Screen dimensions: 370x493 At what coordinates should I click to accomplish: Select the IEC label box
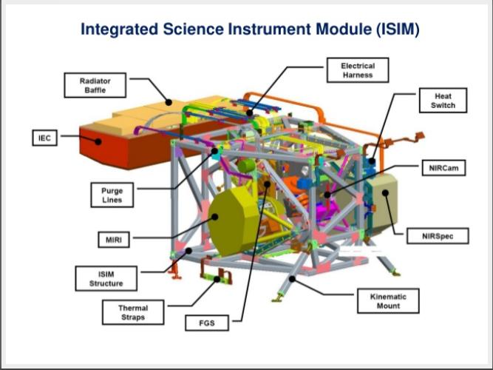pos(44,138)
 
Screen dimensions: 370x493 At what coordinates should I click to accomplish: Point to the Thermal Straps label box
pos(133,312)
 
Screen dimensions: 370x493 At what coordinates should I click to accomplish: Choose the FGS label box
pos(204,323)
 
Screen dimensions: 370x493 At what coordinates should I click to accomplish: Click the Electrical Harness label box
pos(357,71)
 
